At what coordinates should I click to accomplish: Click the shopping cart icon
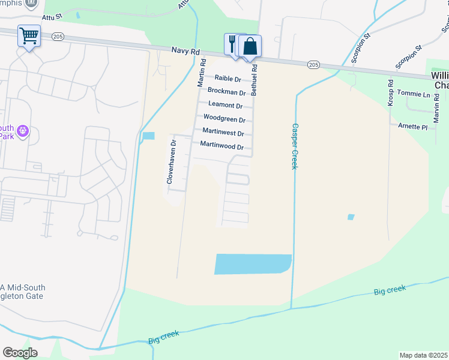click(x=28, y=36)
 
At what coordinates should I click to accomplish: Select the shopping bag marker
click(x=250, y=46)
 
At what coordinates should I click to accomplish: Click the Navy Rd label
click(x=184, y=52)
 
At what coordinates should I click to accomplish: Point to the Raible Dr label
click(x=228, y=79)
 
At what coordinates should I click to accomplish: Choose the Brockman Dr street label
click(x=226, y=92)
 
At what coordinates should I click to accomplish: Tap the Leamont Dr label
click(x=225, y=106)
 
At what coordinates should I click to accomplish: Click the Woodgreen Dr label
click(x=224, y=119)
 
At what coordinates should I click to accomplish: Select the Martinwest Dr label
click(x=223, y=133)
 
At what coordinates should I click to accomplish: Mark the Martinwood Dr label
click(x=221, y=146)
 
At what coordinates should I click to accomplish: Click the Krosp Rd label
click(x=390, y=93)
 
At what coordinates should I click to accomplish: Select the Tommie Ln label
click(x=418, y=95)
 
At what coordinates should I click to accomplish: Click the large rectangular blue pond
click(x=253, y=264)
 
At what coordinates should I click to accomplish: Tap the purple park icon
click(x=23, y=130)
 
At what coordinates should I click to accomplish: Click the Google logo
click(x=20, y=353)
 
